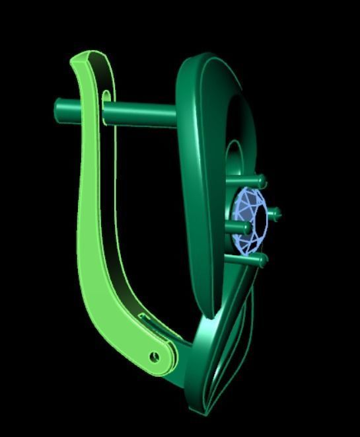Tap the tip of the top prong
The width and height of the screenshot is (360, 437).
click(x=262, y=180)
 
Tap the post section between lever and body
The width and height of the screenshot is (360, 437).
click(x=142, y=114)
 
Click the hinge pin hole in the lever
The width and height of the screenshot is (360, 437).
click(x=155, y=357)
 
